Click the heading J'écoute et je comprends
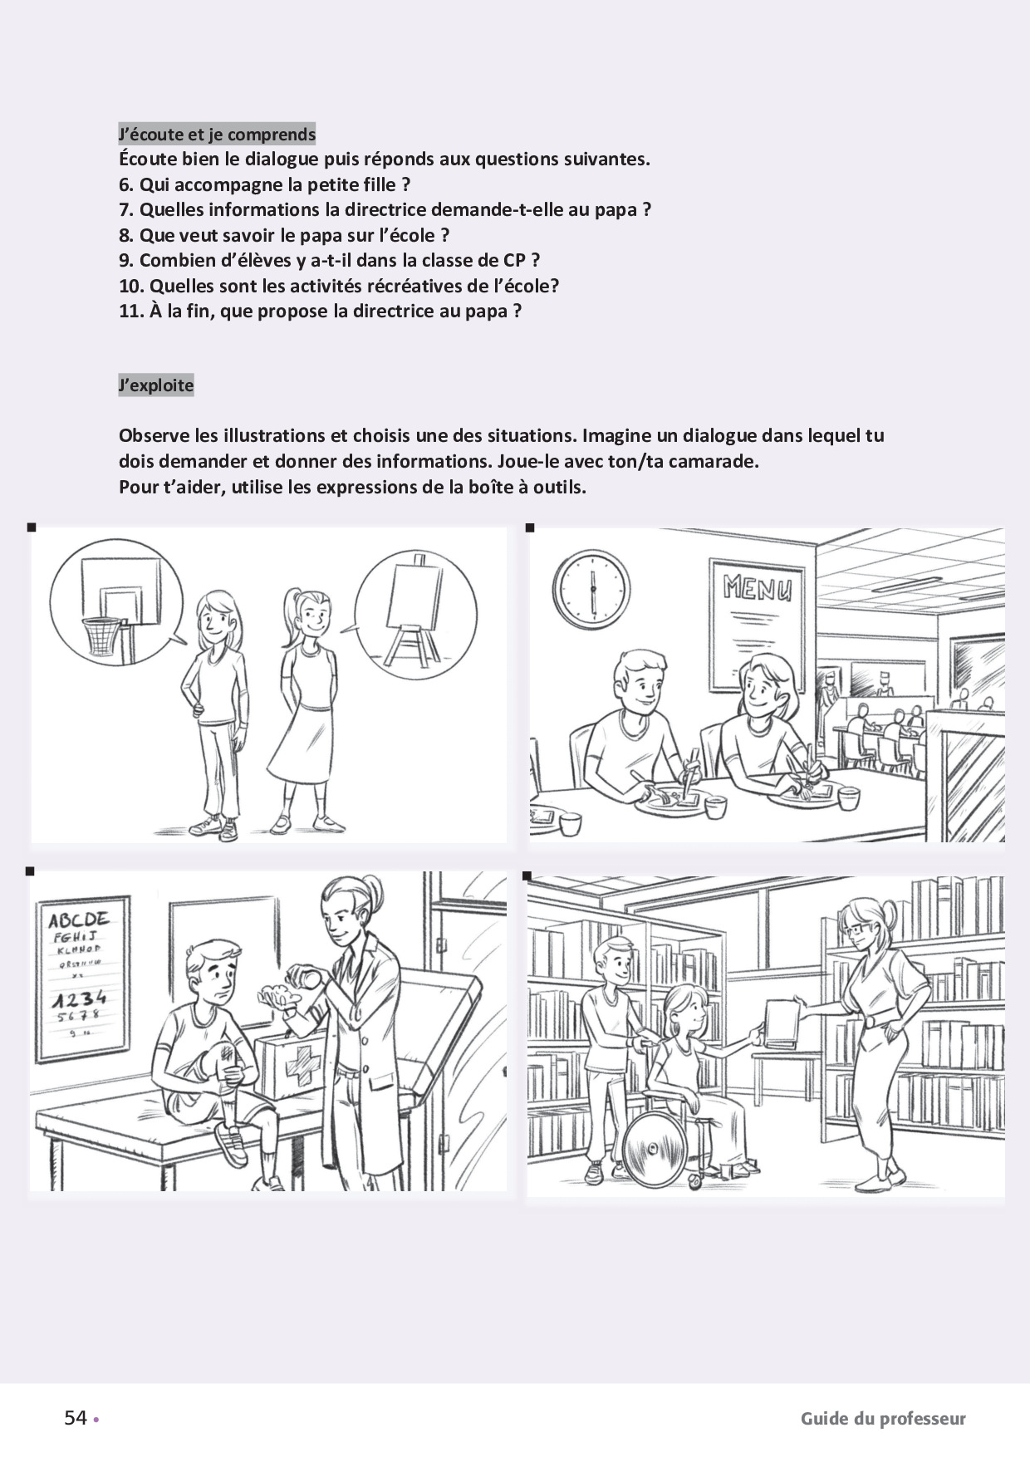point(217,134)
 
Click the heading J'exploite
point(156,385)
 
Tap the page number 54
point(76,1418)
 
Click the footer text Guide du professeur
point(883,1419)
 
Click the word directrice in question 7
point(386,209)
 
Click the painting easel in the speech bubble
point(414,611)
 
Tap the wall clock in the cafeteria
point(592,589)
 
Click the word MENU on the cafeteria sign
point(757,588)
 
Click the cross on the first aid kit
point(303,1069)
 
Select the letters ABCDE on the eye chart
point(79,920)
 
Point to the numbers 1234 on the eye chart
point(79,997)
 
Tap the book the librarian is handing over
point(781,1022)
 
